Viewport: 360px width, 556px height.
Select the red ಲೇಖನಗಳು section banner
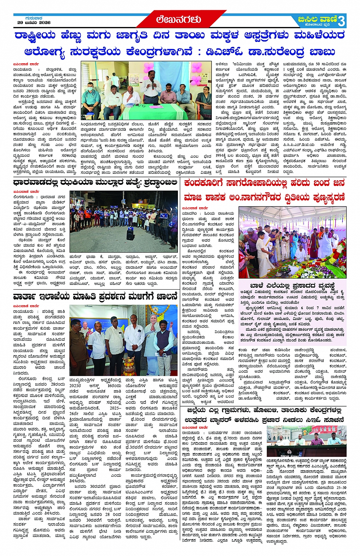point(178,19)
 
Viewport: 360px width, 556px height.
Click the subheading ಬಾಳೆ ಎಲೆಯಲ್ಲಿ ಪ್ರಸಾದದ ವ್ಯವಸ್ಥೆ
point(292,285)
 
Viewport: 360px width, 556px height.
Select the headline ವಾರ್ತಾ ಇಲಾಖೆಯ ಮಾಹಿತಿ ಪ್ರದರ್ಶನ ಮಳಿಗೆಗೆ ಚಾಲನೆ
point(95,296)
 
